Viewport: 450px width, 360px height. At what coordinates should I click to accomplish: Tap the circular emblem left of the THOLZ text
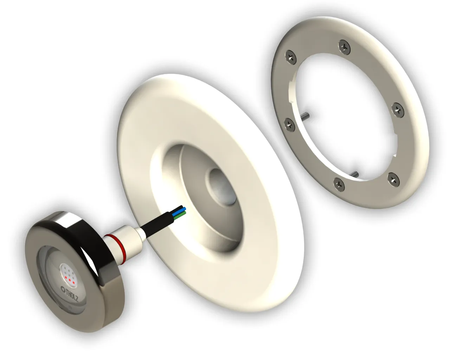tap(63, 289)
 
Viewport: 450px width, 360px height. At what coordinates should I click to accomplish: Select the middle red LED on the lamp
tap(70, 280)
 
